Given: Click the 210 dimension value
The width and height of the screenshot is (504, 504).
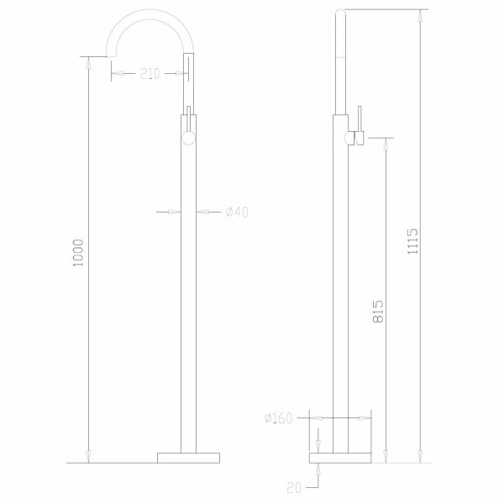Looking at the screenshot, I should click(150, 74).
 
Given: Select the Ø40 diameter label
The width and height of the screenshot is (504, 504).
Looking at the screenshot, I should click(237, 212).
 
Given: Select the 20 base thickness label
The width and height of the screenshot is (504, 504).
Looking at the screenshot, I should click(293, 485).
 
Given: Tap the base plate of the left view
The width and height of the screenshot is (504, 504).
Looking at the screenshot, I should click(189, 457).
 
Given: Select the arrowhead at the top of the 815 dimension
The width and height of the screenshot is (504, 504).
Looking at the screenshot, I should click(386, 143).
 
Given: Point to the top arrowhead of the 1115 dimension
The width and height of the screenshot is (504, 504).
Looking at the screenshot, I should click(421, 14).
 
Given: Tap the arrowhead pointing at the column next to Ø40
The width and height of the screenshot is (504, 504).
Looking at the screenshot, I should click(201, 212).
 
